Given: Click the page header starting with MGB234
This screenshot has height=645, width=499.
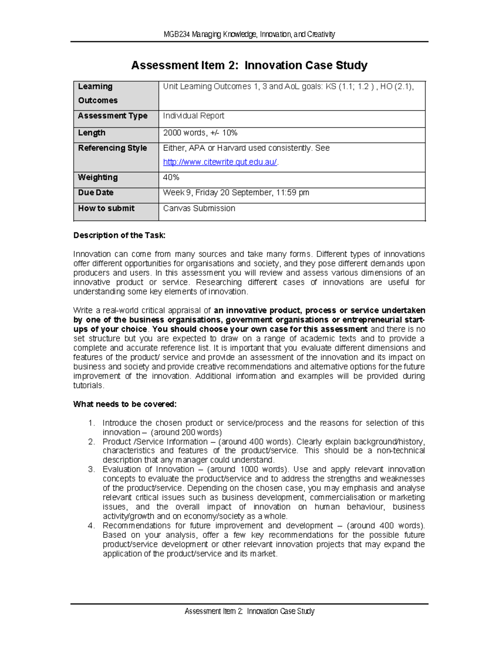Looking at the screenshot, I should [x=249, y=34].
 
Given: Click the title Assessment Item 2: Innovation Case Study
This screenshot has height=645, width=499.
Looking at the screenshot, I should [x=249, y=65].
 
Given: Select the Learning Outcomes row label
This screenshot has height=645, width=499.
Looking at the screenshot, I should [x=98, y=93].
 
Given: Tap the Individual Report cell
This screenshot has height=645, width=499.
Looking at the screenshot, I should [x=193, y=116].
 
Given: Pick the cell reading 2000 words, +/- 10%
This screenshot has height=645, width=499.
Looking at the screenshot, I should [x=200, y=133].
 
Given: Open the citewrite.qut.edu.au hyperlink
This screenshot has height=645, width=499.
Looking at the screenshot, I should [x=220, y=162].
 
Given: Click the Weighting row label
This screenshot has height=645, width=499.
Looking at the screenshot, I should [x=98, y=177].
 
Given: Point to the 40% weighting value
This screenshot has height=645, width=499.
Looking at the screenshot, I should [x=171, y=177].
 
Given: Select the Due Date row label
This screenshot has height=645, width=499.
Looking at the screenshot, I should [x=96, y=193].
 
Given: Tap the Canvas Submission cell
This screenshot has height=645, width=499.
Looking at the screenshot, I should [x=199, y=208].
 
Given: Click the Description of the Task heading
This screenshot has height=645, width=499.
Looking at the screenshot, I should [x=119, y=235].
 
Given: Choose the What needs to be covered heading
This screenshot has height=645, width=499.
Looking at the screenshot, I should [x=125, y=404].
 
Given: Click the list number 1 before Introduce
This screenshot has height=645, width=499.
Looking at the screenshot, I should [x=91, y=423].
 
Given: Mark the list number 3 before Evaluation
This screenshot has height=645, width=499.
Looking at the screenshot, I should [x=91, y=469].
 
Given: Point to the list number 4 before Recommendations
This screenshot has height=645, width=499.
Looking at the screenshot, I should [x=91, y=526].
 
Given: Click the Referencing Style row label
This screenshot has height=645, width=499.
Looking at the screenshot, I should [x=112, y=148].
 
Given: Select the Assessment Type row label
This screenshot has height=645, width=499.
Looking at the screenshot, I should [x=113, y=116].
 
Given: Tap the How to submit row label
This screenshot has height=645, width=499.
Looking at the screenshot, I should [x=106, y=208].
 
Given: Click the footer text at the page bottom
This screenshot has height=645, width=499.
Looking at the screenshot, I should [x=249, y=611].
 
